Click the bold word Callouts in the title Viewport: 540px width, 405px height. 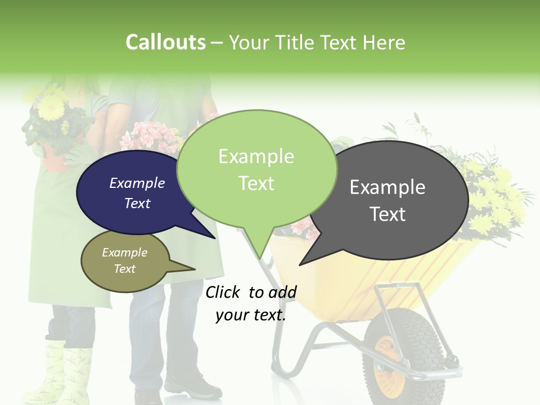click(165, 42)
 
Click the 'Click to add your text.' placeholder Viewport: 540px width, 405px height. click(251, 304)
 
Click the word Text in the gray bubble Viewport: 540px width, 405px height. click(388, 214)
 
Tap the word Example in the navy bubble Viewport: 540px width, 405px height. click(137, 183)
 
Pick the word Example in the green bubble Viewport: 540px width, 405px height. click(256, 156)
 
